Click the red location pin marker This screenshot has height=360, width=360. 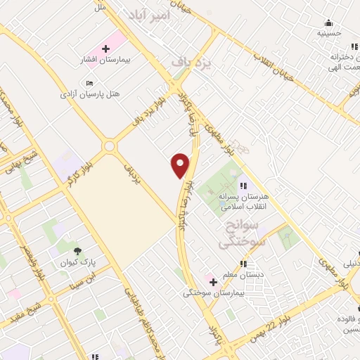[x=181, y=165]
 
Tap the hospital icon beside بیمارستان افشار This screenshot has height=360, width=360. [x=105, y=49]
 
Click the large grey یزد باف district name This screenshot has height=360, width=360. [x=191, y=62]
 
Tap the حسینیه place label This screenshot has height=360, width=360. [x=329, y=33]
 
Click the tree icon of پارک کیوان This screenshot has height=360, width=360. [x=77, y=250]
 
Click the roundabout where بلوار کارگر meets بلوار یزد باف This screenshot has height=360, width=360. [x=109, y=146]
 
